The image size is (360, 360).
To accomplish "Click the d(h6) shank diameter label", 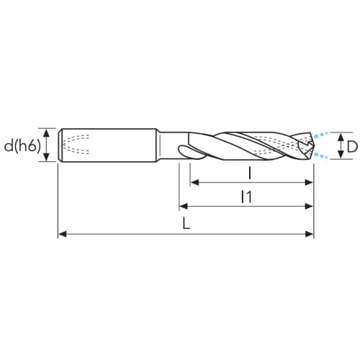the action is point(22,146).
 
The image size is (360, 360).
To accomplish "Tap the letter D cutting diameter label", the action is point(352,146).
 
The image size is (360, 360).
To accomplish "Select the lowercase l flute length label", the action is point(250,174).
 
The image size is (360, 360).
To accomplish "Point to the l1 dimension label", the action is point(247,197).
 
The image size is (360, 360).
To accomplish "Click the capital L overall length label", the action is point(186,223).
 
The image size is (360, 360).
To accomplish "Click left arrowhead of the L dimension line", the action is point(62,234).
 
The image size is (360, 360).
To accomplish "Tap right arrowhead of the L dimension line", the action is point(309,234).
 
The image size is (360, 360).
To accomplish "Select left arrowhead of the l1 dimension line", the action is point(184,206).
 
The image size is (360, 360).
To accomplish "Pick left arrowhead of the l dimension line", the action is point(194,182).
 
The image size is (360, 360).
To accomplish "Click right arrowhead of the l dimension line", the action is point(309,182).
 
